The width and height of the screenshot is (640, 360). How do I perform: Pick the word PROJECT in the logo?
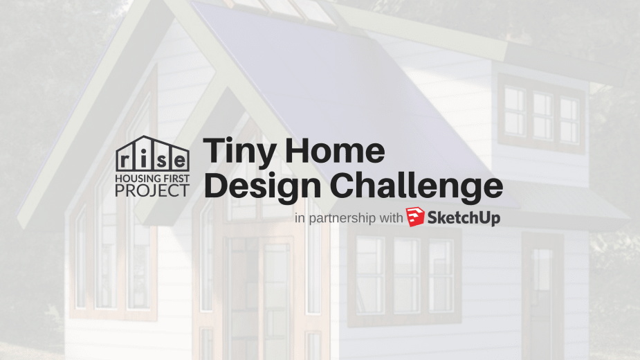point(152,190)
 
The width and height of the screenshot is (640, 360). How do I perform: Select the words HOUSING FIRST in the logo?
point(152,177)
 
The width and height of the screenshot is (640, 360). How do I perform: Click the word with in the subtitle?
point(391,219)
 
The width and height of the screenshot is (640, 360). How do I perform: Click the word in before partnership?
point(299,219)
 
